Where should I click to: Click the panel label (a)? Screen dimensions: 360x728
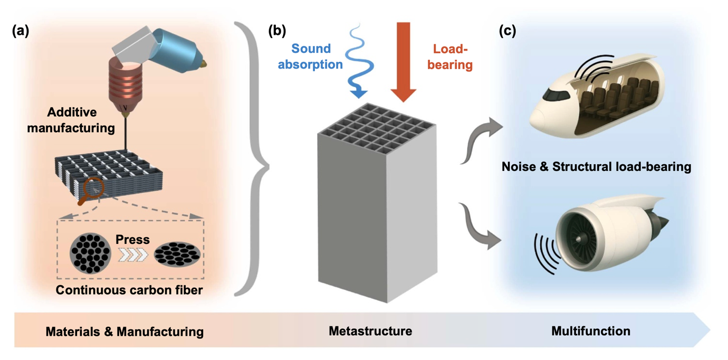[21, 31]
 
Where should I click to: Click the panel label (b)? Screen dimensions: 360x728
[277, 31]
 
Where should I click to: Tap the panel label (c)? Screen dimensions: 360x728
[507, 31]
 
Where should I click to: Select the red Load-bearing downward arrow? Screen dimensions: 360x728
[404, 61]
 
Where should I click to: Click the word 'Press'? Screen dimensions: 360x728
[132, 240]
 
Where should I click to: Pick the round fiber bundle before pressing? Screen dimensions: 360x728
[91, 254]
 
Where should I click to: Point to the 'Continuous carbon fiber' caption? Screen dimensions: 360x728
[129, 290]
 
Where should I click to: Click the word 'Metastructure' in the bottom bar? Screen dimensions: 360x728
[370, 331]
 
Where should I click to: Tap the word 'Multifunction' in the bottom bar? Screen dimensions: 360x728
[590, 331]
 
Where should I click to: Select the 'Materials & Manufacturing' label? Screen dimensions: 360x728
[124, 331]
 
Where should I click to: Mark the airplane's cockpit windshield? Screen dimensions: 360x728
[551, 95]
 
